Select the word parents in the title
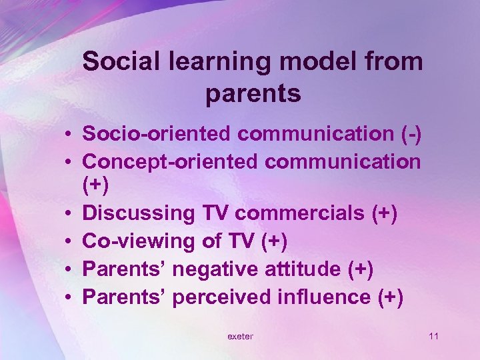coord(253,93)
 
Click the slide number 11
coord(433,336)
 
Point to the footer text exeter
coord(240,337)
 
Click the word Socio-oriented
coord(157,134)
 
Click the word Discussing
coord(137,213)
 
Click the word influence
coord(316,297)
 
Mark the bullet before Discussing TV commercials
coord(69,215)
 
